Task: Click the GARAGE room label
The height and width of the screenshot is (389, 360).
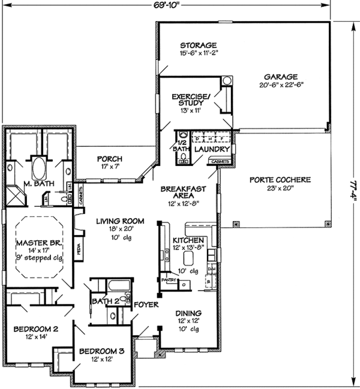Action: coord(279,77)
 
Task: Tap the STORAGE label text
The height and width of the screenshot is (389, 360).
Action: coord(198,45)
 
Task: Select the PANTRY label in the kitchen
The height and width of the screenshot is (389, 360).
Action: coord(169,279)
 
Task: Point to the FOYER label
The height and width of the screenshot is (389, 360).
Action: coord(146,304)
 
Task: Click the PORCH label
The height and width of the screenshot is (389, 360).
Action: coord(110,159)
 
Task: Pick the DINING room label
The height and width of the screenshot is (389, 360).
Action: coord(188,313)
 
